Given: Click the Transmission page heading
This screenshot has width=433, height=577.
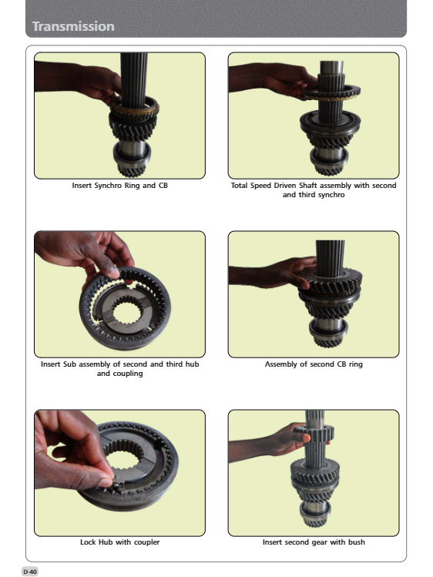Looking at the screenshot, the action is point(73,26).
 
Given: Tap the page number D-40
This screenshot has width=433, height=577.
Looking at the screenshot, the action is point(30,572).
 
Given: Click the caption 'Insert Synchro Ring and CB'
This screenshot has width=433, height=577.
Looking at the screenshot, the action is point(120,186).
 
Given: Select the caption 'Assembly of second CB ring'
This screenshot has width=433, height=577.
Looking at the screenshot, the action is point(314,364).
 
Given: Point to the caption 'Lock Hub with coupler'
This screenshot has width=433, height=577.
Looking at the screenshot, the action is point(120,542).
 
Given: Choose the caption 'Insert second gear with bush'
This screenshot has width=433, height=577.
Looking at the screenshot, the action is point(314,542).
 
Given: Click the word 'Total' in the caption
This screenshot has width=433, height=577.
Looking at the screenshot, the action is point(239,186).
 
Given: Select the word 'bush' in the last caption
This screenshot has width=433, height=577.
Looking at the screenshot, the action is point(357,542).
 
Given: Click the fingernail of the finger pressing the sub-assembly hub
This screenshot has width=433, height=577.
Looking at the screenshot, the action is point(113,273).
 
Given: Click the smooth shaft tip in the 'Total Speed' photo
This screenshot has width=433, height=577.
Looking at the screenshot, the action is point(331,67).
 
